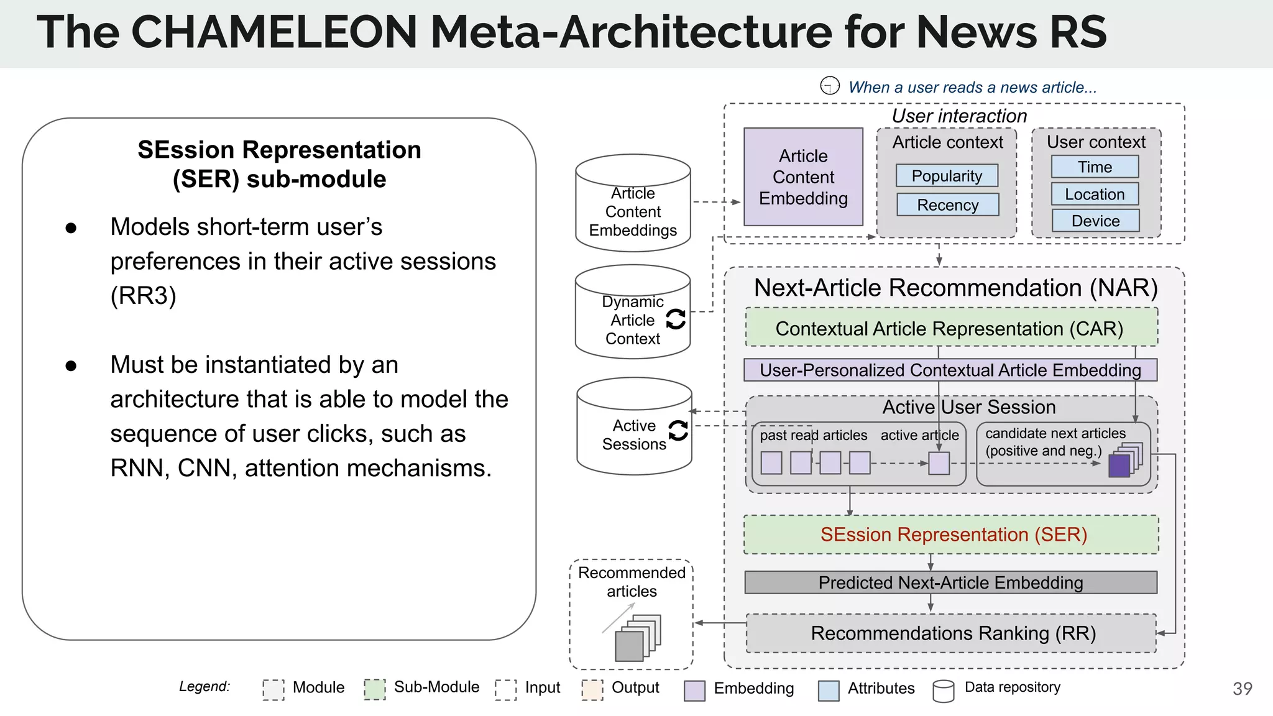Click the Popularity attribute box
(947, 176)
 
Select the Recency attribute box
(947, 204)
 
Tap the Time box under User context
(1095, 167)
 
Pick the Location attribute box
(1095, 194)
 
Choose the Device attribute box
(1095, 221)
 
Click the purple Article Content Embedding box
(803, 177)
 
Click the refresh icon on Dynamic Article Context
(676, 319)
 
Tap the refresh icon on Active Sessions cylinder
(678, 430)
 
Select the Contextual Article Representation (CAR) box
(950, 328)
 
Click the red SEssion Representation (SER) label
(953, 535)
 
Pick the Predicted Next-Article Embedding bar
(950, 582)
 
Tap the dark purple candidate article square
(1119, 466)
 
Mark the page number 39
(1242, 689)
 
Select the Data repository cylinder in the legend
(944, 691)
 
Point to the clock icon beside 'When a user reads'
(830, 86)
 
